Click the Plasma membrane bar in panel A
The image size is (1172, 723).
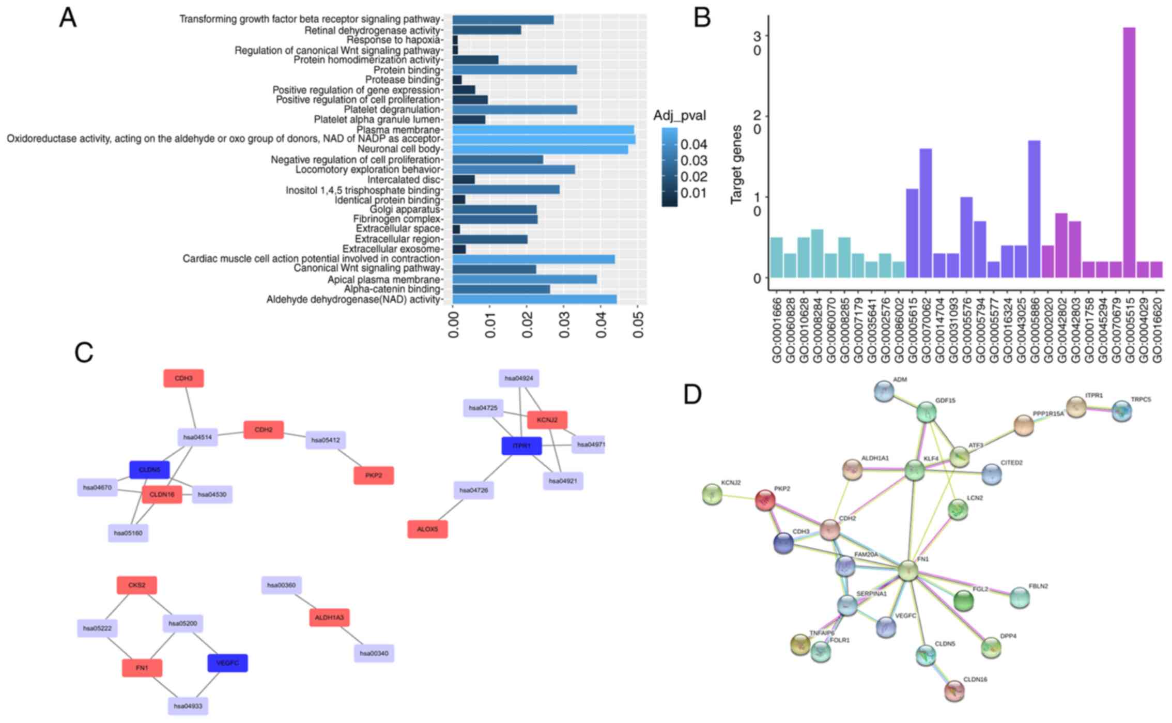[543, 129]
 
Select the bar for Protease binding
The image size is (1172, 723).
[457, 80]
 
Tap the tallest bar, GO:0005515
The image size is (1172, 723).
[1129, 152]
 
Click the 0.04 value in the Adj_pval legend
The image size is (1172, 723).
[693, 144]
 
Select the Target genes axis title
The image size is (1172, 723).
[736, 164]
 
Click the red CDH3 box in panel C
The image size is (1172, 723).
[183, 378]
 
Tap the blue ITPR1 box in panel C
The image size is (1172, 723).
[521, 446]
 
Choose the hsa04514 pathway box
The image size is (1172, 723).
[197, 437]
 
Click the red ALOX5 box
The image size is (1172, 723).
[427, 529]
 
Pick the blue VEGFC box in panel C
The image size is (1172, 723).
[227, 663]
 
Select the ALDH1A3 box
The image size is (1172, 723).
[330, 618]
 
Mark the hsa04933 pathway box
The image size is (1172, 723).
[188, 706]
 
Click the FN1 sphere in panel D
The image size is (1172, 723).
[908, 571]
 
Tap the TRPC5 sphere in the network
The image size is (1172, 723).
[1121, 411]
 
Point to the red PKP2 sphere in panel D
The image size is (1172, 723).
[765, 500]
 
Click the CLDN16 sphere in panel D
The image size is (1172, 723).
[954, 690]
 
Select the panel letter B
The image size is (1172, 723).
[702, 18]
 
